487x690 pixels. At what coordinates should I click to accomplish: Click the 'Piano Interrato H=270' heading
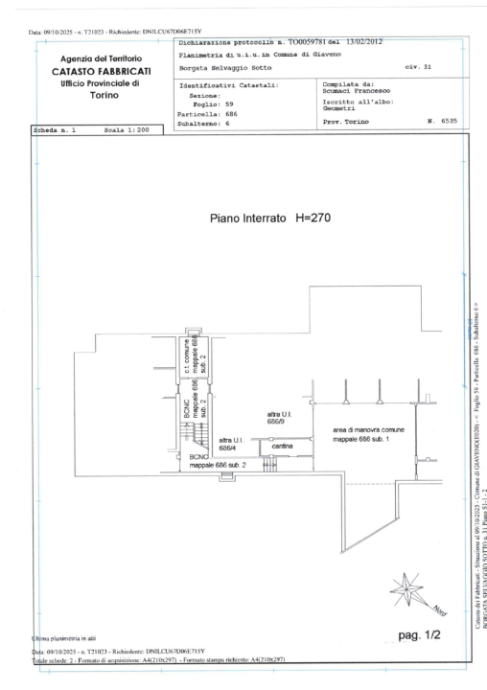[x=271, y=218]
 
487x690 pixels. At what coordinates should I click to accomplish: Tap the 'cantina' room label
[x=282, y=448]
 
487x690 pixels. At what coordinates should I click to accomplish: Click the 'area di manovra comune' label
[x=368, y=431]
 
